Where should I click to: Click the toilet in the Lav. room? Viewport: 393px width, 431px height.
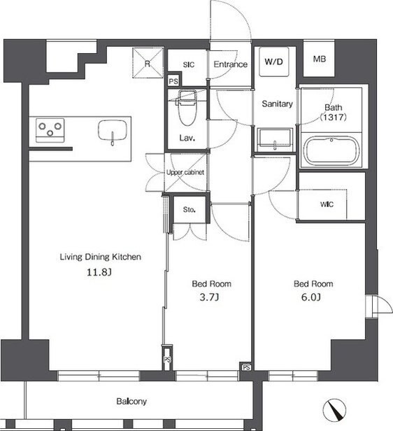tap(187, 108)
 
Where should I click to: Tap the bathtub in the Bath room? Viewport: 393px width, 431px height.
tap(332, 150)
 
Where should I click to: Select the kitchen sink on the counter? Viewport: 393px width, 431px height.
tap(113, 130)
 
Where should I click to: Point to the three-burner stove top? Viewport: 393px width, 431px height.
tap(50, 130)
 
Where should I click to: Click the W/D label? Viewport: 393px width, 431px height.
tap(273, 62)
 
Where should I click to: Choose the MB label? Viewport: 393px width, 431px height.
tap(320, 59)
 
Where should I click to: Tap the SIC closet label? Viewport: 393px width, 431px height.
tap(189, 65)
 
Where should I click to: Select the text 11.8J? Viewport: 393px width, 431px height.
tap(99, 272)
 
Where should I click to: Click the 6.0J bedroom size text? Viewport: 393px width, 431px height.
tap(311, 297)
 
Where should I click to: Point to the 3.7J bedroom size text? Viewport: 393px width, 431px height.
tap(209, 297)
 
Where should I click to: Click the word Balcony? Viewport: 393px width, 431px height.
tap(131, 402)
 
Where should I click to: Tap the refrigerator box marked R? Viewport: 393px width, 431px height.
tap(148, 63)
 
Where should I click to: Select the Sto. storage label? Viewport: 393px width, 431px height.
tap(190, 210)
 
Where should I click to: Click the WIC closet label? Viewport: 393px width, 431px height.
tap(327, 204)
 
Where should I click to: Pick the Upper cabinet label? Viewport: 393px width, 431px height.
tap(185, 172)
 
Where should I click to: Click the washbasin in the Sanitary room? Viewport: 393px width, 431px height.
tap(275, 139)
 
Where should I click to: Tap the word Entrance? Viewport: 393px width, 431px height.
tap(231, 64)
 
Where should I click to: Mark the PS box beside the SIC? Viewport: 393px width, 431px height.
tap(173, 81)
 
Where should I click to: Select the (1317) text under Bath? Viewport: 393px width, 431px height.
tap(333, 118)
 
